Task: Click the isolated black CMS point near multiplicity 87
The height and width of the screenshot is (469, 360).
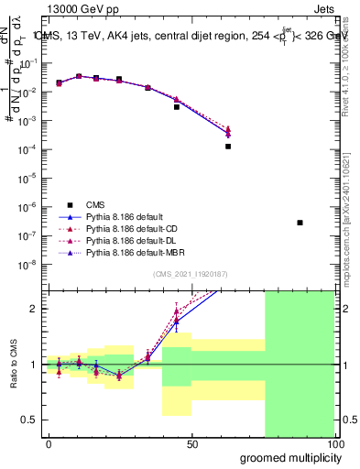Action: (x=300, y=223)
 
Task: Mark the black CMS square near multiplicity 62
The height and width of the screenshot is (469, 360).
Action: (x=228, y=146)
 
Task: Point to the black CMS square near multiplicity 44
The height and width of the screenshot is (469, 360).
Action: (x=177, y=107)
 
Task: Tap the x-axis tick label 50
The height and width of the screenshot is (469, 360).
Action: (x=191, y=444)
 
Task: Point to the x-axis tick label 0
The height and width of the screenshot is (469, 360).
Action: (x=48, y=444)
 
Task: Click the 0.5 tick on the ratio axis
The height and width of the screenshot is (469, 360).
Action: (x=30, y=420)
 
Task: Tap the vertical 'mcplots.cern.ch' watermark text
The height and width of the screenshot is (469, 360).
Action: (x=349, y=229)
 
